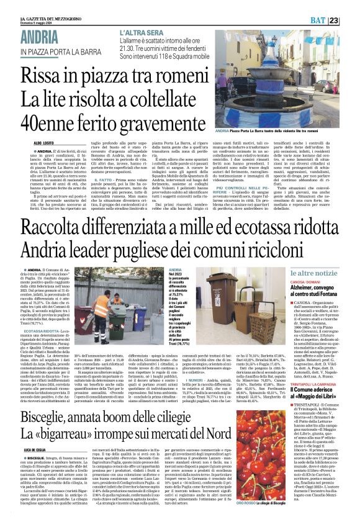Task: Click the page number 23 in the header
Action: coord(351,20)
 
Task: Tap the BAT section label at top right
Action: coord(333,20)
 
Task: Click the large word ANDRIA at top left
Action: coord(47,37)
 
